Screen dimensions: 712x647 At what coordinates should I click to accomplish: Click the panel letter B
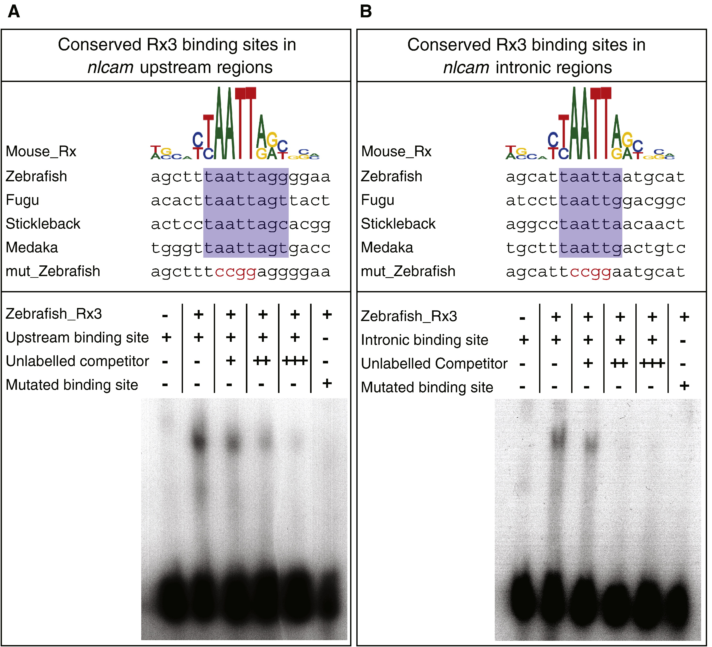tap(366, 11)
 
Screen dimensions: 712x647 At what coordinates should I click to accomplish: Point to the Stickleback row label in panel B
tap(398, 224)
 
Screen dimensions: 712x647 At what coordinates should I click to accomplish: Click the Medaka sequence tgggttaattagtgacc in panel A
tap(241, 248)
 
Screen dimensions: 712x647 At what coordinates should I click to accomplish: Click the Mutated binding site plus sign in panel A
tap(327, 383)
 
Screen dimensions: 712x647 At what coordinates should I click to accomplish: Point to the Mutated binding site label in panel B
tap(427, 387)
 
